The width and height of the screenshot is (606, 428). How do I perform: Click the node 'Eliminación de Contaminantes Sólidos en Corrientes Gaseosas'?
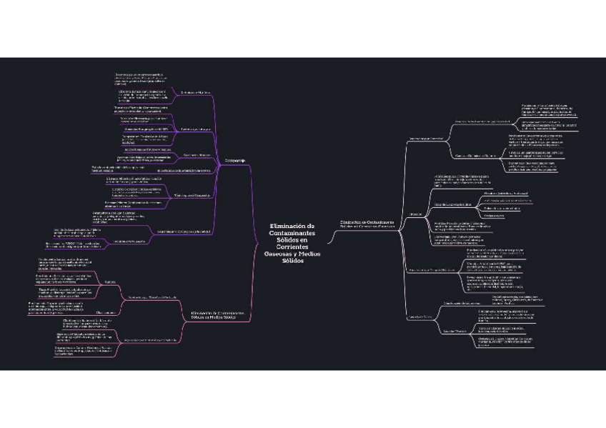[x=367, y=225]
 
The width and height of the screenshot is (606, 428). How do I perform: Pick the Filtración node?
[x=416, y=214]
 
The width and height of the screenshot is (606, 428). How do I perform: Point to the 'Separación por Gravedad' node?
[x=426, y=138]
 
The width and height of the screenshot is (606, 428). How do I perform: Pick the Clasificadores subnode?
[x=106, y=312]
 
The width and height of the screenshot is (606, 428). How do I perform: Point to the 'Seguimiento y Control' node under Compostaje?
[x=183, y=231]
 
